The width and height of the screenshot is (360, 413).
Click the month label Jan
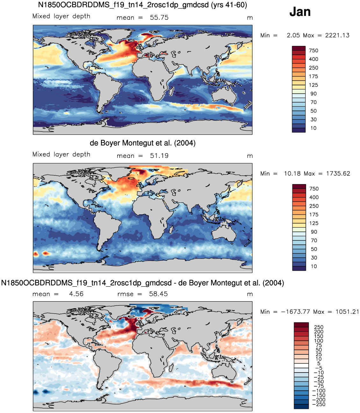pyautogui.click(x=300, y=12)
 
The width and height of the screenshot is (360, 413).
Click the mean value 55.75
pyautogui.click(x=159, y=18)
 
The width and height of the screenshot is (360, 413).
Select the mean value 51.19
pyautogui.click(x=159, y=156)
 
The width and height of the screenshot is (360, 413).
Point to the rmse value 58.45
pyautogui.click(x=158, y=294)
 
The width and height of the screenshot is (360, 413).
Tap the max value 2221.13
pyautogui.click(x=337, y=35)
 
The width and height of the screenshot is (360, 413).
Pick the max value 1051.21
pyautogui.click(x=347, y=312)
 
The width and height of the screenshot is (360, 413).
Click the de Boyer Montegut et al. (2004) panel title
pyautogui.click(x=142, y=143)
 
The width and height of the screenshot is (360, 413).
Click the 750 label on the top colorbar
pyautogui.click(x=313, y=51)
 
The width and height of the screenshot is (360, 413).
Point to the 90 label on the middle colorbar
pyautogui.click(x=314, y=232)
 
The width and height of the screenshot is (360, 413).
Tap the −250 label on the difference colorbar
pyautogui.click(x=319, y=404)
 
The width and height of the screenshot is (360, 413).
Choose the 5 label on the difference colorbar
pyautogui.click(x=319, y=364)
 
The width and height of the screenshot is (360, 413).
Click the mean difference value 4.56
pyautogui.click(x=76, y=294)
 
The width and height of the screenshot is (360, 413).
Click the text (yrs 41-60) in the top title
pyautogui.click(x=229, y=5)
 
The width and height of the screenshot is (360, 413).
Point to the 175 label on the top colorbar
pyautogui.click(x=313, y=76)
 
